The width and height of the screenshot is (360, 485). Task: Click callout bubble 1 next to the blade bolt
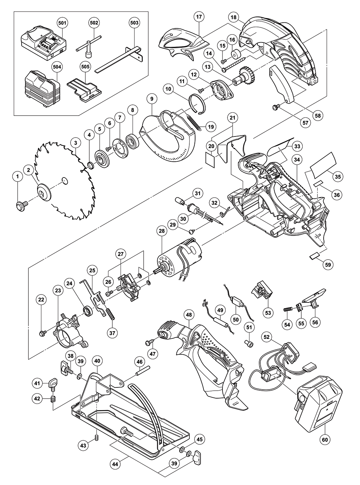pyautogui.click(x=16, y=176)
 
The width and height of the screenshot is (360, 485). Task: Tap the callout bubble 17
pyautogui.click(x=198, y=17)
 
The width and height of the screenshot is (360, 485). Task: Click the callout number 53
pyautogui.click(x=267, y=313)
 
